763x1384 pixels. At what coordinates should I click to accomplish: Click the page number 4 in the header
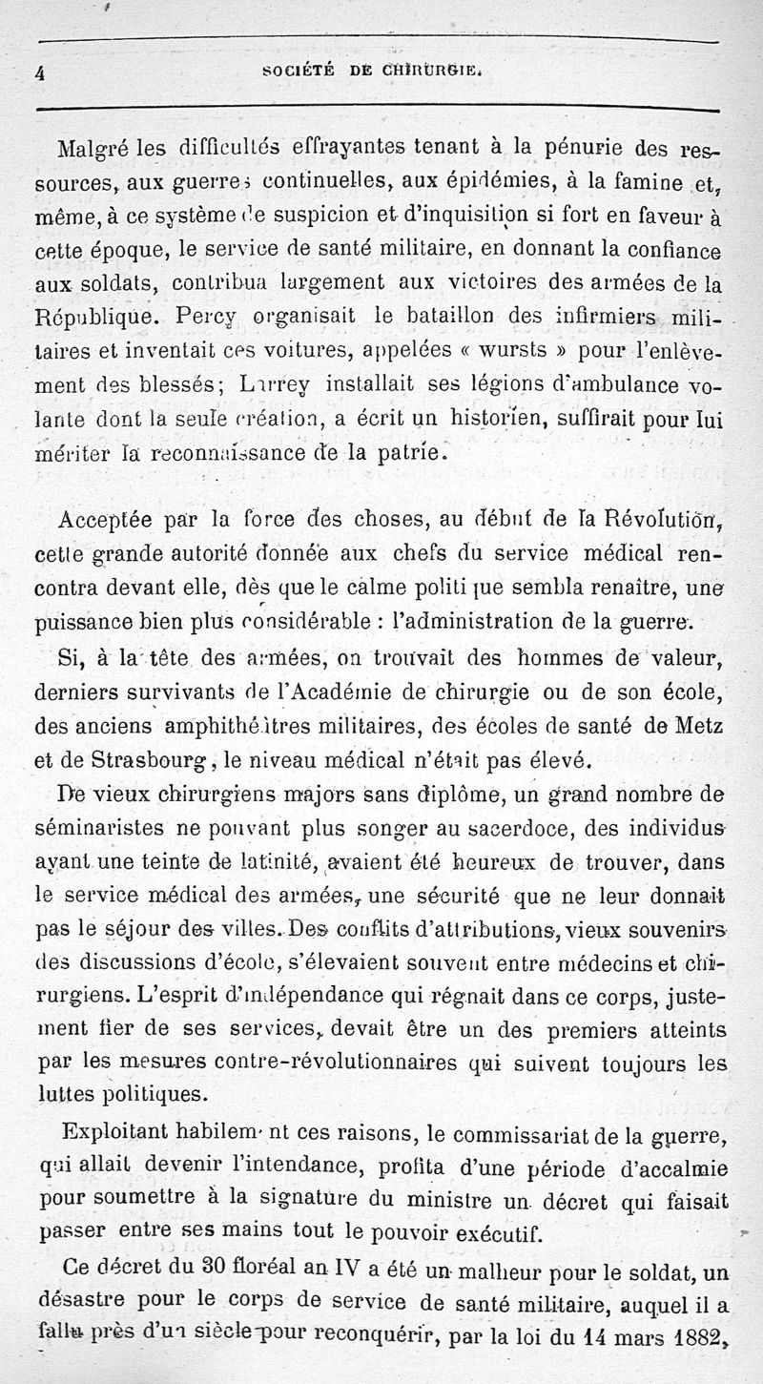coord(41,71)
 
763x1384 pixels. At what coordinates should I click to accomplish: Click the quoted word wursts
coord(523,350)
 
